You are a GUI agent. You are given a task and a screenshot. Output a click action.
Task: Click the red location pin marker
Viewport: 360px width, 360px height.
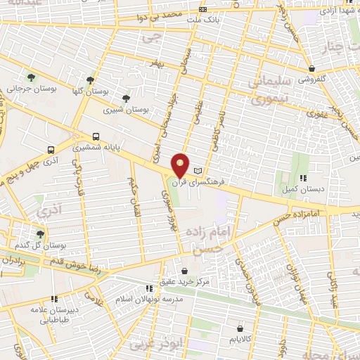click(181, 165)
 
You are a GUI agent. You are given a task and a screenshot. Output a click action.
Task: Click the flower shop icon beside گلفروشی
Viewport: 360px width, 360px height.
click(311, 68)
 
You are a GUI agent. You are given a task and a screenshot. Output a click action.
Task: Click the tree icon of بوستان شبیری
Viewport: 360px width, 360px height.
click(126, 98)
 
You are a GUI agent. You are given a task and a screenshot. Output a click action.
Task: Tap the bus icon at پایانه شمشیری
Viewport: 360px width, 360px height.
click(96, 137)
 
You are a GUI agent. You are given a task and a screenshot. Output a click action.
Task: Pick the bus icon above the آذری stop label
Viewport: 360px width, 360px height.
click(51, 150)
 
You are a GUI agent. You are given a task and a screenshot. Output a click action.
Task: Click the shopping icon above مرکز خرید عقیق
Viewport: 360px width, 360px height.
click(184, 271)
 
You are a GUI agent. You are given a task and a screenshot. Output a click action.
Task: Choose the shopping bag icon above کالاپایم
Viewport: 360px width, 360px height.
click(240, 328)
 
